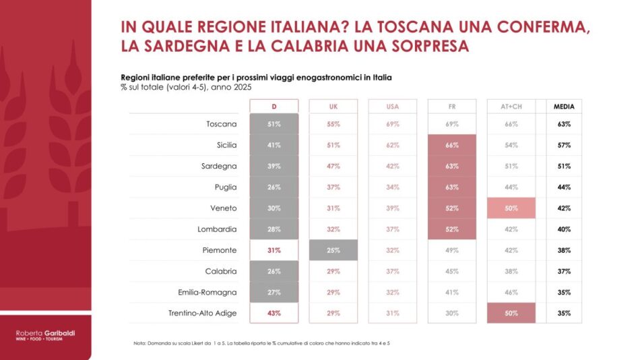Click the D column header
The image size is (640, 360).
click(274, 107)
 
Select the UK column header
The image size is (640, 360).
click(333, 107)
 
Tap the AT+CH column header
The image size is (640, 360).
click(511, 107)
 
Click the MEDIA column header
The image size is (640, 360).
click(564, 107)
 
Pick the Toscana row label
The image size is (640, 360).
click(222, 124)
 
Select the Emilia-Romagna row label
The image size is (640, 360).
click(207, 293)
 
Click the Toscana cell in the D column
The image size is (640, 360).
click(274, 124)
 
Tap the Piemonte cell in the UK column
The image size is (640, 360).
click(333, 250)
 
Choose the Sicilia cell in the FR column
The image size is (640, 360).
click(452, 145)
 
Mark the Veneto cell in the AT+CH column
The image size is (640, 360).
click(511, 208)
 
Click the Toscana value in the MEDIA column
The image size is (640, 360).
click(564, 124)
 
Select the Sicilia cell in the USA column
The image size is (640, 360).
click(393, 145)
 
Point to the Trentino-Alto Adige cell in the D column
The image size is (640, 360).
click(274, 313)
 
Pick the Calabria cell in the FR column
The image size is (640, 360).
click(452, 272)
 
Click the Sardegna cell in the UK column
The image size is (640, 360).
click(333, 166)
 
